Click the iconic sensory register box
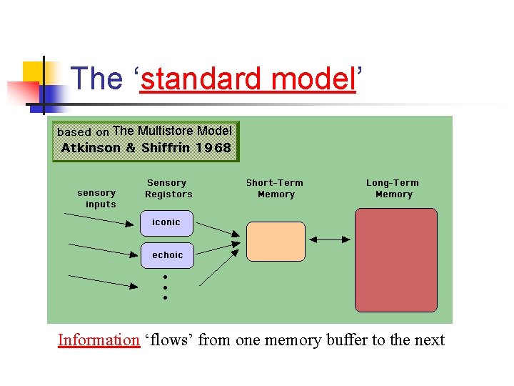167,222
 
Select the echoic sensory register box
167,255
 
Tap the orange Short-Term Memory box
276,241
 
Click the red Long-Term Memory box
395,259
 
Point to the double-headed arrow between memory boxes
329,240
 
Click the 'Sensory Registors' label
168,189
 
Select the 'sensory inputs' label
97,198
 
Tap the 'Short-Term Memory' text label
276,189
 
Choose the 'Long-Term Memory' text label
393,189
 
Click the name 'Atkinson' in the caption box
91,148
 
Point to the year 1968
213,148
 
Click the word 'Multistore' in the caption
165,131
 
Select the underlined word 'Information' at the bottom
99,340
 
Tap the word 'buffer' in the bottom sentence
347,340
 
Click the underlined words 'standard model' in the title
248,79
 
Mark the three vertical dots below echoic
165,287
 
